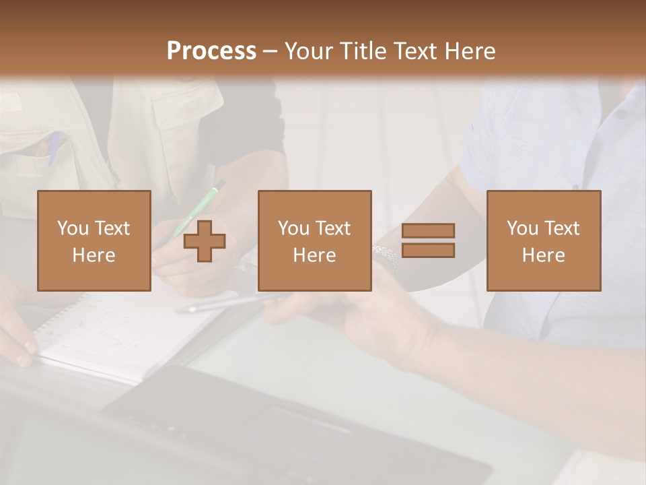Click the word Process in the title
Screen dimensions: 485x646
pos(211,51)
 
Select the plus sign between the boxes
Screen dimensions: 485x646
pos(205,240)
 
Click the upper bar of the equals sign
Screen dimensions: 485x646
pos(428,230)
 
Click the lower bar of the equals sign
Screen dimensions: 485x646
pos(428,251)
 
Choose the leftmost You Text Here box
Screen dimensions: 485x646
pos(94,240)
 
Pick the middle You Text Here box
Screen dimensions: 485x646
pos(314,240)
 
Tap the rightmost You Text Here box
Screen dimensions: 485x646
pos(543,240)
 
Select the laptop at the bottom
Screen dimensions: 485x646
pos(283,424)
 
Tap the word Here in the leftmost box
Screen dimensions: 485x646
pos(94,255)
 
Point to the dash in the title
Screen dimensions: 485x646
pos(270,51)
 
